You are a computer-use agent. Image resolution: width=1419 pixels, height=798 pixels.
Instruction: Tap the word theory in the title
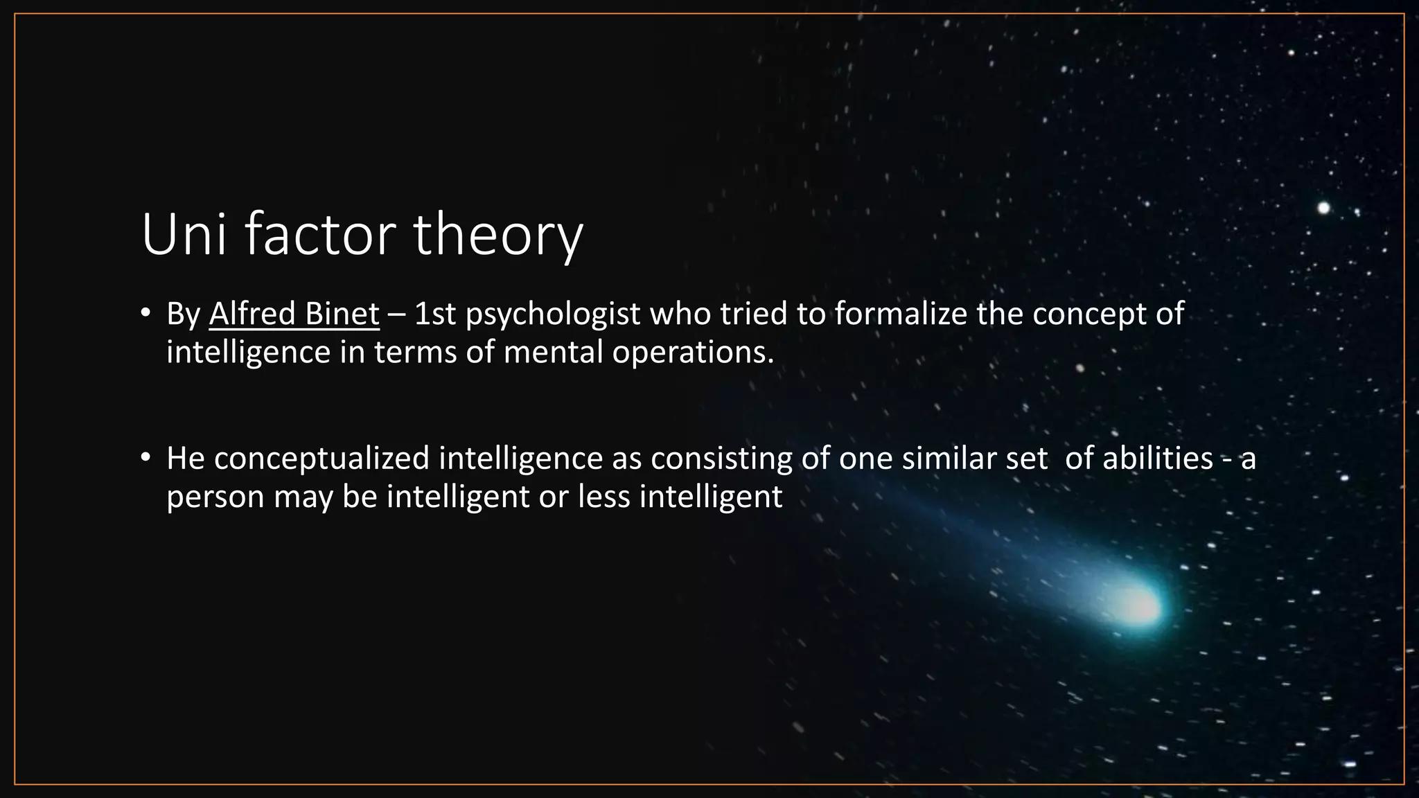pos(499,236)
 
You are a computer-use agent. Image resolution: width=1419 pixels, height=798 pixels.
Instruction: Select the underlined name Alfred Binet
pos(294,314)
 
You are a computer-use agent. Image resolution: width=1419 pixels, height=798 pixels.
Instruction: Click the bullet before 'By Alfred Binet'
pos(145,314)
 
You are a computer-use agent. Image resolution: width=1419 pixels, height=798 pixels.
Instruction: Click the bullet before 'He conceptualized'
pos(145,458)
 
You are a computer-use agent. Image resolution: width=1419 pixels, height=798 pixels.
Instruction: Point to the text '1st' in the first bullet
pos(435,314)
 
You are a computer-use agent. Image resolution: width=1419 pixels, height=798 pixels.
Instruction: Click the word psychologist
pos(553,315)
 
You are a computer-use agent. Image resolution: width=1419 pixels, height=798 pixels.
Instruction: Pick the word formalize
pos(900,314)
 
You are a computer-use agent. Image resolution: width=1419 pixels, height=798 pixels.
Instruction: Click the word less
pos(603,496)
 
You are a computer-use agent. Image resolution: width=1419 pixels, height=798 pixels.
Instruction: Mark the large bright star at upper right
pos(1323,208)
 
